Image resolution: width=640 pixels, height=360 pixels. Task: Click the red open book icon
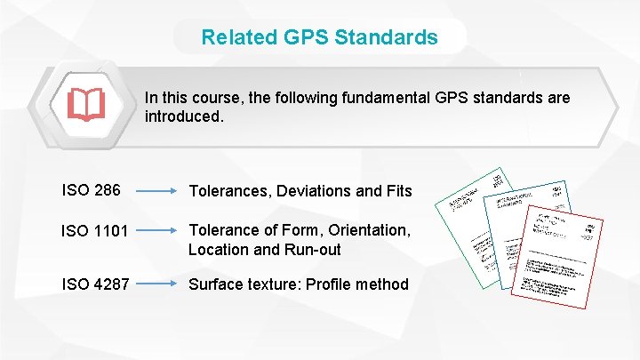[86, 105]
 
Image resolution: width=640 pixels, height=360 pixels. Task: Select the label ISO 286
[91, 189]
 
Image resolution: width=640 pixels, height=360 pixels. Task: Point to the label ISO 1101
[96, 231]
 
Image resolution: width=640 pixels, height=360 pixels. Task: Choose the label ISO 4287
[96, 284]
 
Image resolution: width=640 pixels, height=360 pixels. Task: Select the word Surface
[216, 284]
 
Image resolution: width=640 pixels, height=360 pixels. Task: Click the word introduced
[182, 116]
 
